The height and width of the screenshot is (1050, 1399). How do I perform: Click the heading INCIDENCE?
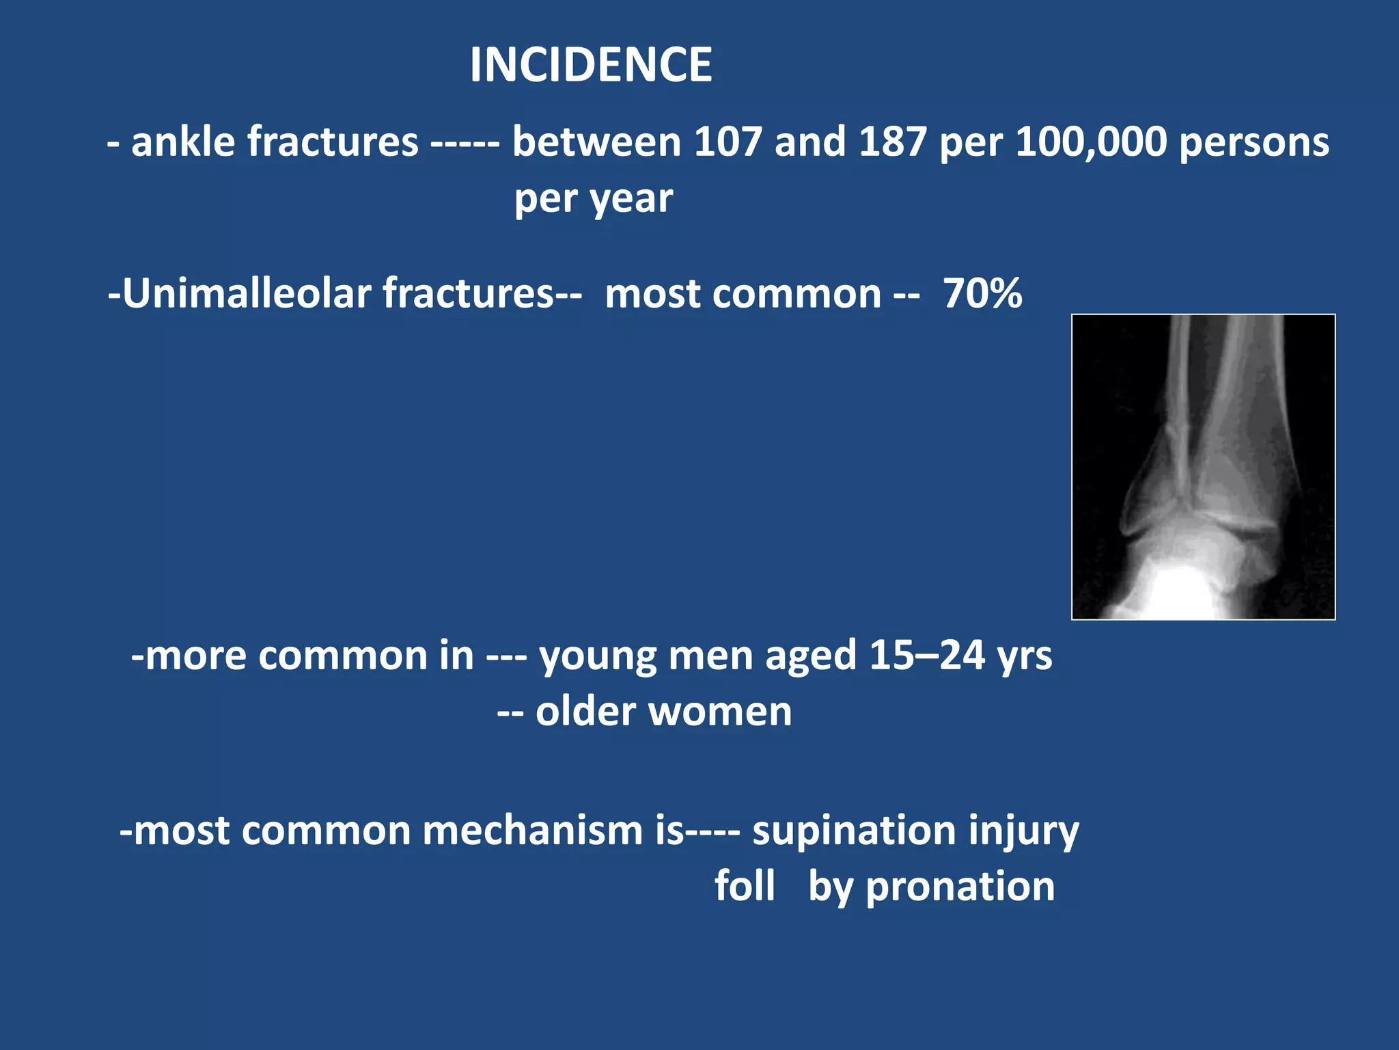(591, 65)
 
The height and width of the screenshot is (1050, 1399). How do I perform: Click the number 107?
(728, 142)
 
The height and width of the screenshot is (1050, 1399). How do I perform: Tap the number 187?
(892, 142)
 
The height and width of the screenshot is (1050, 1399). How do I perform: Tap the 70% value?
(982, 294)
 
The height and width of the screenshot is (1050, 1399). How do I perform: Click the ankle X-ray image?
(1203, 467)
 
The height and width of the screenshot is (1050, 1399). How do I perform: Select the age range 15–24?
(926, 656)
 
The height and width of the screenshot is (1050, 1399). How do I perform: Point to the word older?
(586, 712)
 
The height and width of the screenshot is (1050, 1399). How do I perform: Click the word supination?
(853, 831)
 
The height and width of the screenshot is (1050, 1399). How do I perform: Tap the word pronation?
(960, 887)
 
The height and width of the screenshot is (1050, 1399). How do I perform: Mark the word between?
(596, 142)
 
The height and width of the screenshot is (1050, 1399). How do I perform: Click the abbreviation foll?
(745, 887)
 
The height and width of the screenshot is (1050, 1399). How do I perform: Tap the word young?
(597, 657)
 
